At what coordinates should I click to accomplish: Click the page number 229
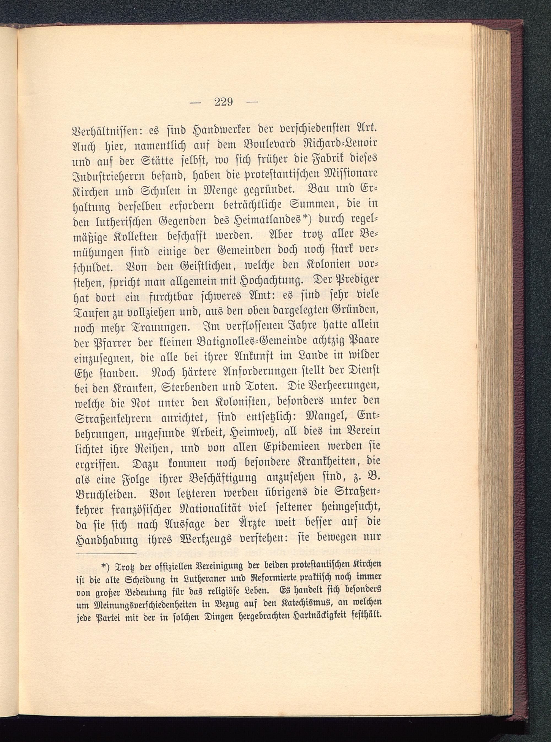[223, 101]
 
